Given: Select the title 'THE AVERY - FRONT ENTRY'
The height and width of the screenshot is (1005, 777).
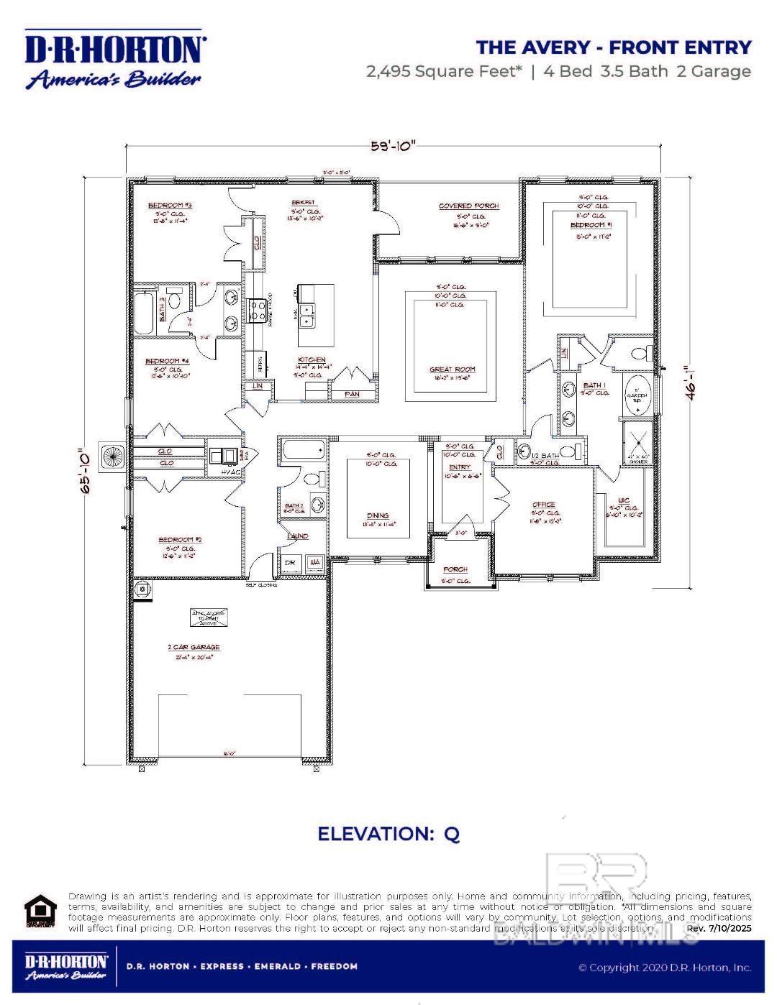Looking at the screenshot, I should (x=613, y=47).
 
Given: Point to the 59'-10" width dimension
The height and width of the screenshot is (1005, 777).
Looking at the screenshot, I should (x=394, y=146).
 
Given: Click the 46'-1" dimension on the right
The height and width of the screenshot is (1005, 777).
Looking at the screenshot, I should (x=691, y=383).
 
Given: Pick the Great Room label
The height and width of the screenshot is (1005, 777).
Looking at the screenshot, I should (x=452, y=370).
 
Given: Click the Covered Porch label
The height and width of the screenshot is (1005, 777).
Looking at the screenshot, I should (x=468, y=206).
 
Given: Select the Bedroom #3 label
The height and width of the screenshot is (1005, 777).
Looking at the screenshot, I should (x=170, y=206).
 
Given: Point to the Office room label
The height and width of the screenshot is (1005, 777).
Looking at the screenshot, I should (x=543, y=505).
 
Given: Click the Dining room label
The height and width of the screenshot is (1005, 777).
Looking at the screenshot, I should (x=378, y=515).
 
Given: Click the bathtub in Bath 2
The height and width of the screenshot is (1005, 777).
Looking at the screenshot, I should (x=302, y=451).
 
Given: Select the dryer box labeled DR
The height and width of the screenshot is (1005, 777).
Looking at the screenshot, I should (x=290, y=563).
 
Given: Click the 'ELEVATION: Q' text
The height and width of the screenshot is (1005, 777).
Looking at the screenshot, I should (x=388, y=834).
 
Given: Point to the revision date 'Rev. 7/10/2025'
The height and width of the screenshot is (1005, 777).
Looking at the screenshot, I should (x=719, y=928).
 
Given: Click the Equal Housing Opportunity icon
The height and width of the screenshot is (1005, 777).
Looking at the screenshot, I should (x=40, y=911).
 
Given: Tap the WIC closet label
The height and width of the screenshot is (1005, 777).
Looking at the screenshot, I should (x=623, y=501).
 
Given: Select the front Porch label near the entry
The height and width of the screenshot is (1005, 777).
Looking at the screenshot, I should (x=455, y=569).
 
